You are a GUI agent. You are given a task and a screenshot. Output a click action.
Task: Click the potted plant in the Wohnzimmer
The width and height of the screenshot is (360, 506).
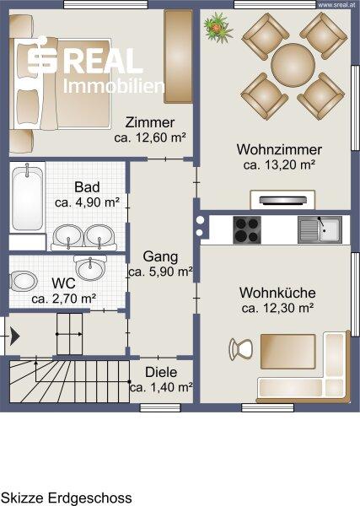218,27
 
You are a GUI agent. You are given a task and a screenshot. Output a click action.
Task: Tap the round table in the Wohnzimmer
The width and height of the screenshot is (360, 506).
293,65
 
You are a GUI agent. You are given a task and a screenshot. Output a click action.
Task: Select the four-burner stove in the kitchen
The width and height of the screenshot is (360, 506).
247,229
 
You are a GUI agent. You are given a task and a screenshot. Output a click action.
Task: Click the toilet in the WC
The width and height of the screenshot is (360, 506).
23,281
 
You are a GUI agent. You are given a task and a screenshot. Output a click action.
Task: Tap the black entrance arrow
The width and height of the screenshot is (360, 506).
14,336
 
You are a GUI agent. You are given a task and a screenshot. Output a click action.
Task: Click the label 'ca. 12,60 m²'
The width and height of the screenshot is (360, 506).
150,137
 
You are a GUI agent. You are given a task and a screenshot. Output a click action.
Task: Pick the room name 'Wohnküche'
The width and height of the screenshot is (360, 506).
277,293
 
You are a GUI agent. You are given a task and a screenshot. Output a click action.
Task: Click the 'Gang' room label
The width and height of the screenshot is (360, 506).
160,256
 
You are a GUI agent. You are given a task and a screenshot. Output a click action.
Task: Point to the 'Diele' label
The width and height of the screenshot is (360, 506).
161,372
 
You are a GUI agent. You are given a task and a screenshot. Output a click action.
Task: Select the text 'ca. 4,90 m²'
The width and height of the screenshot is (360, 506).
88,202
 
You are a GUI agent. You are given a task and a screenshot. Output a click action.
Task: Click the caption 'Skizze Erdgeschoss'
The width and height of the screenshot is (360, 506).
67,498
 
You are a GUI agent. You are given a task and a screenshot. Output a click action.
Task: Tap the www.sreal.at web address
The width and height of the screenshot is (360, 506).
338,4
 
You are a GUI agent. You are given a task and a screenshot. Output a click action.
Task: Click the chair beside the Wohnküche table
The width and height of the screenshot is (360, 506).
240,349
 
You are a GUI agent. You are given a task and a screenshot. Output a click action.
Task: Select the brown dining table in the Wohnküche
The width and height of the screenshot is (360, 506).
288,352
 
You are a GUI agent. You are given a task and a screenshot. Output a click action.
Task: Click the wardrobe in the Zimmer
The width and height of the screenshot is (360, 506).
179,57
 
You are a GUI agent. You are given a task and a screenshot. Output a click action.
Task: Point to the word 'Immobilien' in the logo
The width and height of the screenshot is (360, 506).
114,86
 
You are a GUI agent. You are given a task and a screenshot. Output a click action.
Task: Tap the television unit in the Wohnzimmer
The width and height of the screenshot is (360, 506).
282,200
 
